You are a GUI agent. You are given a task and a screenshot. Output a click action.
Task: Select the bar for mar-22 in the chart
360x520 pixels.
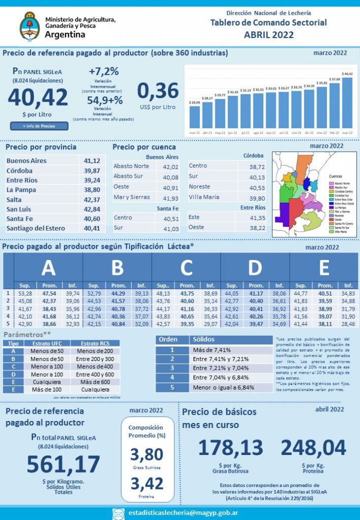(x=347, y=102)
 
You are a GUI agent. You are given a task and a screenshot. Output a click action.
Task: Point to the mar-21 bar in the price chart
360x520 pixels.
(x=194, y=116)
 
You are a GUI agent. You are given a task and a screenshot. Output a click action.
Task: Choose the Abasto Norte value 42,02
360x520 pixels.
(x=168, y=167)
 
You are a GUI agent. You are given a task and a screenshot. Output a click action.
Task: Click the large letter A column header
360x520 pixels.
(x=48, y=268)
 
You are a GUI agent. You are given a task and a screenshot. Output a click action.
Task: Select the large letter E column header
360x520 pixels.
(x=324, y=268)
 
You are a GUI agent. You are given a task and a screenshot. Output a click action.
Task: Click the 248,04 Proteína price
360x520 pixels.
(x=313, y=448)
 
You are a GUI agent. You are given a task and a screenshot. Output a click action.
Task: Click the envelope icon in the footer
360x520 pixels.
(x=118, y=513)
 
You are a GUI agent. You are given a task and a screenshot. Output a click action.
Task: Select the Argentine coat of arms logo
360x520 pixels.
(x=30, y=26)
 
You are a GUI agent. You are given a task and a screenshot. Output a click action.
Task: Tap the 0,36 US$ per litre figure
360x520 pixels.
(x=158, y=91)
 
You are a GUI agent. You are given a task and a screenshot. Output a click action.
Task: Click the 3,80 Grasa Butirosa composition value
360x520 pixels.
(x=146, y=454)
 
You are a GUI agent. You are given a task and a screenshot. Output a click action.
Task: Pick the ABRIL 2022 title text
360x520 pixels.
(x=269, y=35)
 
